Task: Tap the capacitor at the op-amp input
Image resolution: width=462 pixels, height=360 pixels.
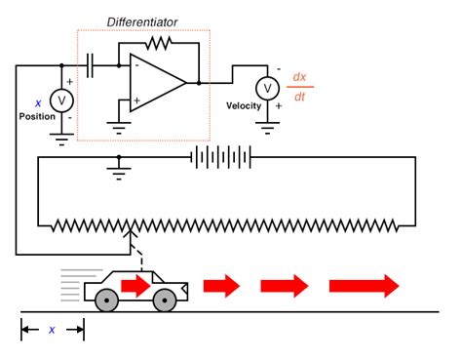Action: coord(91,65)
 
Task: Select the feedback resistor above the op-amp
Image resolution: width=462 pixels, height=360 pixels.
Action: coord(157,43)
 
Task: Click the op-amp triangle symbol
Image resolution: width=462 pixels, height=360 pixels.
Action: coord(155,83)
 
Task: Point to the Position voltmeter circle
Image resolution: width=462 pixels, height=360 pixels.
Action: coord(61,100)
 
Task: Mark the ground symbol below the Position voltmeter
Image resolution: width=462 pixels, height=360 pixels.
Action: coord(61,138)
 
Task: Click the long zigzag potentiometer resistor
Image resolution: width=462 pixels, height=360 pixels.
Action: coord(224,226)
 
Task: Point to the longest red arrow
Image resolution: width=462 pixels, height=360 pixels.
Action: coord(365,285)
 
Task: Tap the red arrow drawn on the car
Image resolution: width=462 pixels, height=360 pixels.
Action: coord(136,285)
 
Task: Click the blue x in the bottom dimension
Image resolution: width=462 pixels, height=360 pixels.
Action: coord(52,330)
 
